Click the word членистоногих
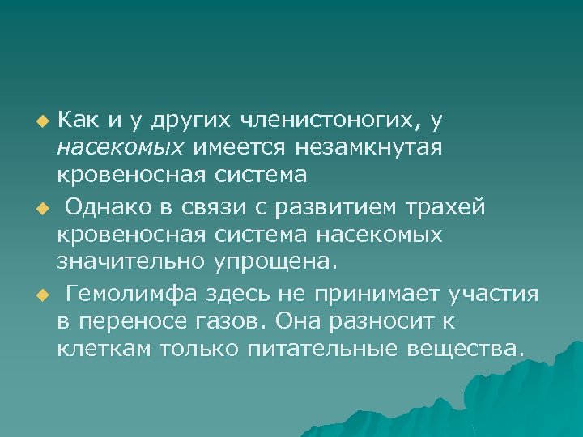click(330, 121)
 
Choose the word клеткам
click(104, 349)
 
